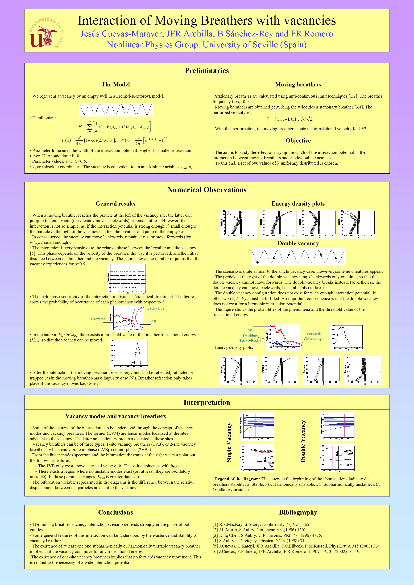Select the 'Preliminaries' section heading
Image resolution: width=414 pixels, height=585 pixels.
[207, 71]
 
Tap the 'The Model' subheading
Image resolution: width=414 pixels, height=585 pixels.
[115, 85]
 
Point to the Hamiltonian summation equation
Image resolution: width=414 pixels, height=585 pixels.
[115, 127]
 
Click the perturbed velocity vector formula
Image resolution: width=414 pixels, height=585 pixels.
[289, 119]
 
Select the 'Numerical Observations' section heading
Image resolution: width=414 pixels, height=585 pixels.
[207, 190]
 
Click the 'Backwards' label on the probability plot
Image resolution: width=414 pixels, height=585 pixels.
[155, 308]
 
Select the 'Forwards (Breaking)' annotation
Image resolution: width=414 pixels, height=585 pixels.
[314, 336]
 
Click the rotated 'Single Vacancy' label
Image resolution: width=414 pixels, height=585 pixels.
[229, 443]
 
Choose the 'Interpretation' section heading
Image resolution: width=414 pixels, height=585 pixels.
[207, 403]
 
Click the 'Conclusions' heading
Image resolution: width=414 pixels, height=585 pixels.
[115, 512]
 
